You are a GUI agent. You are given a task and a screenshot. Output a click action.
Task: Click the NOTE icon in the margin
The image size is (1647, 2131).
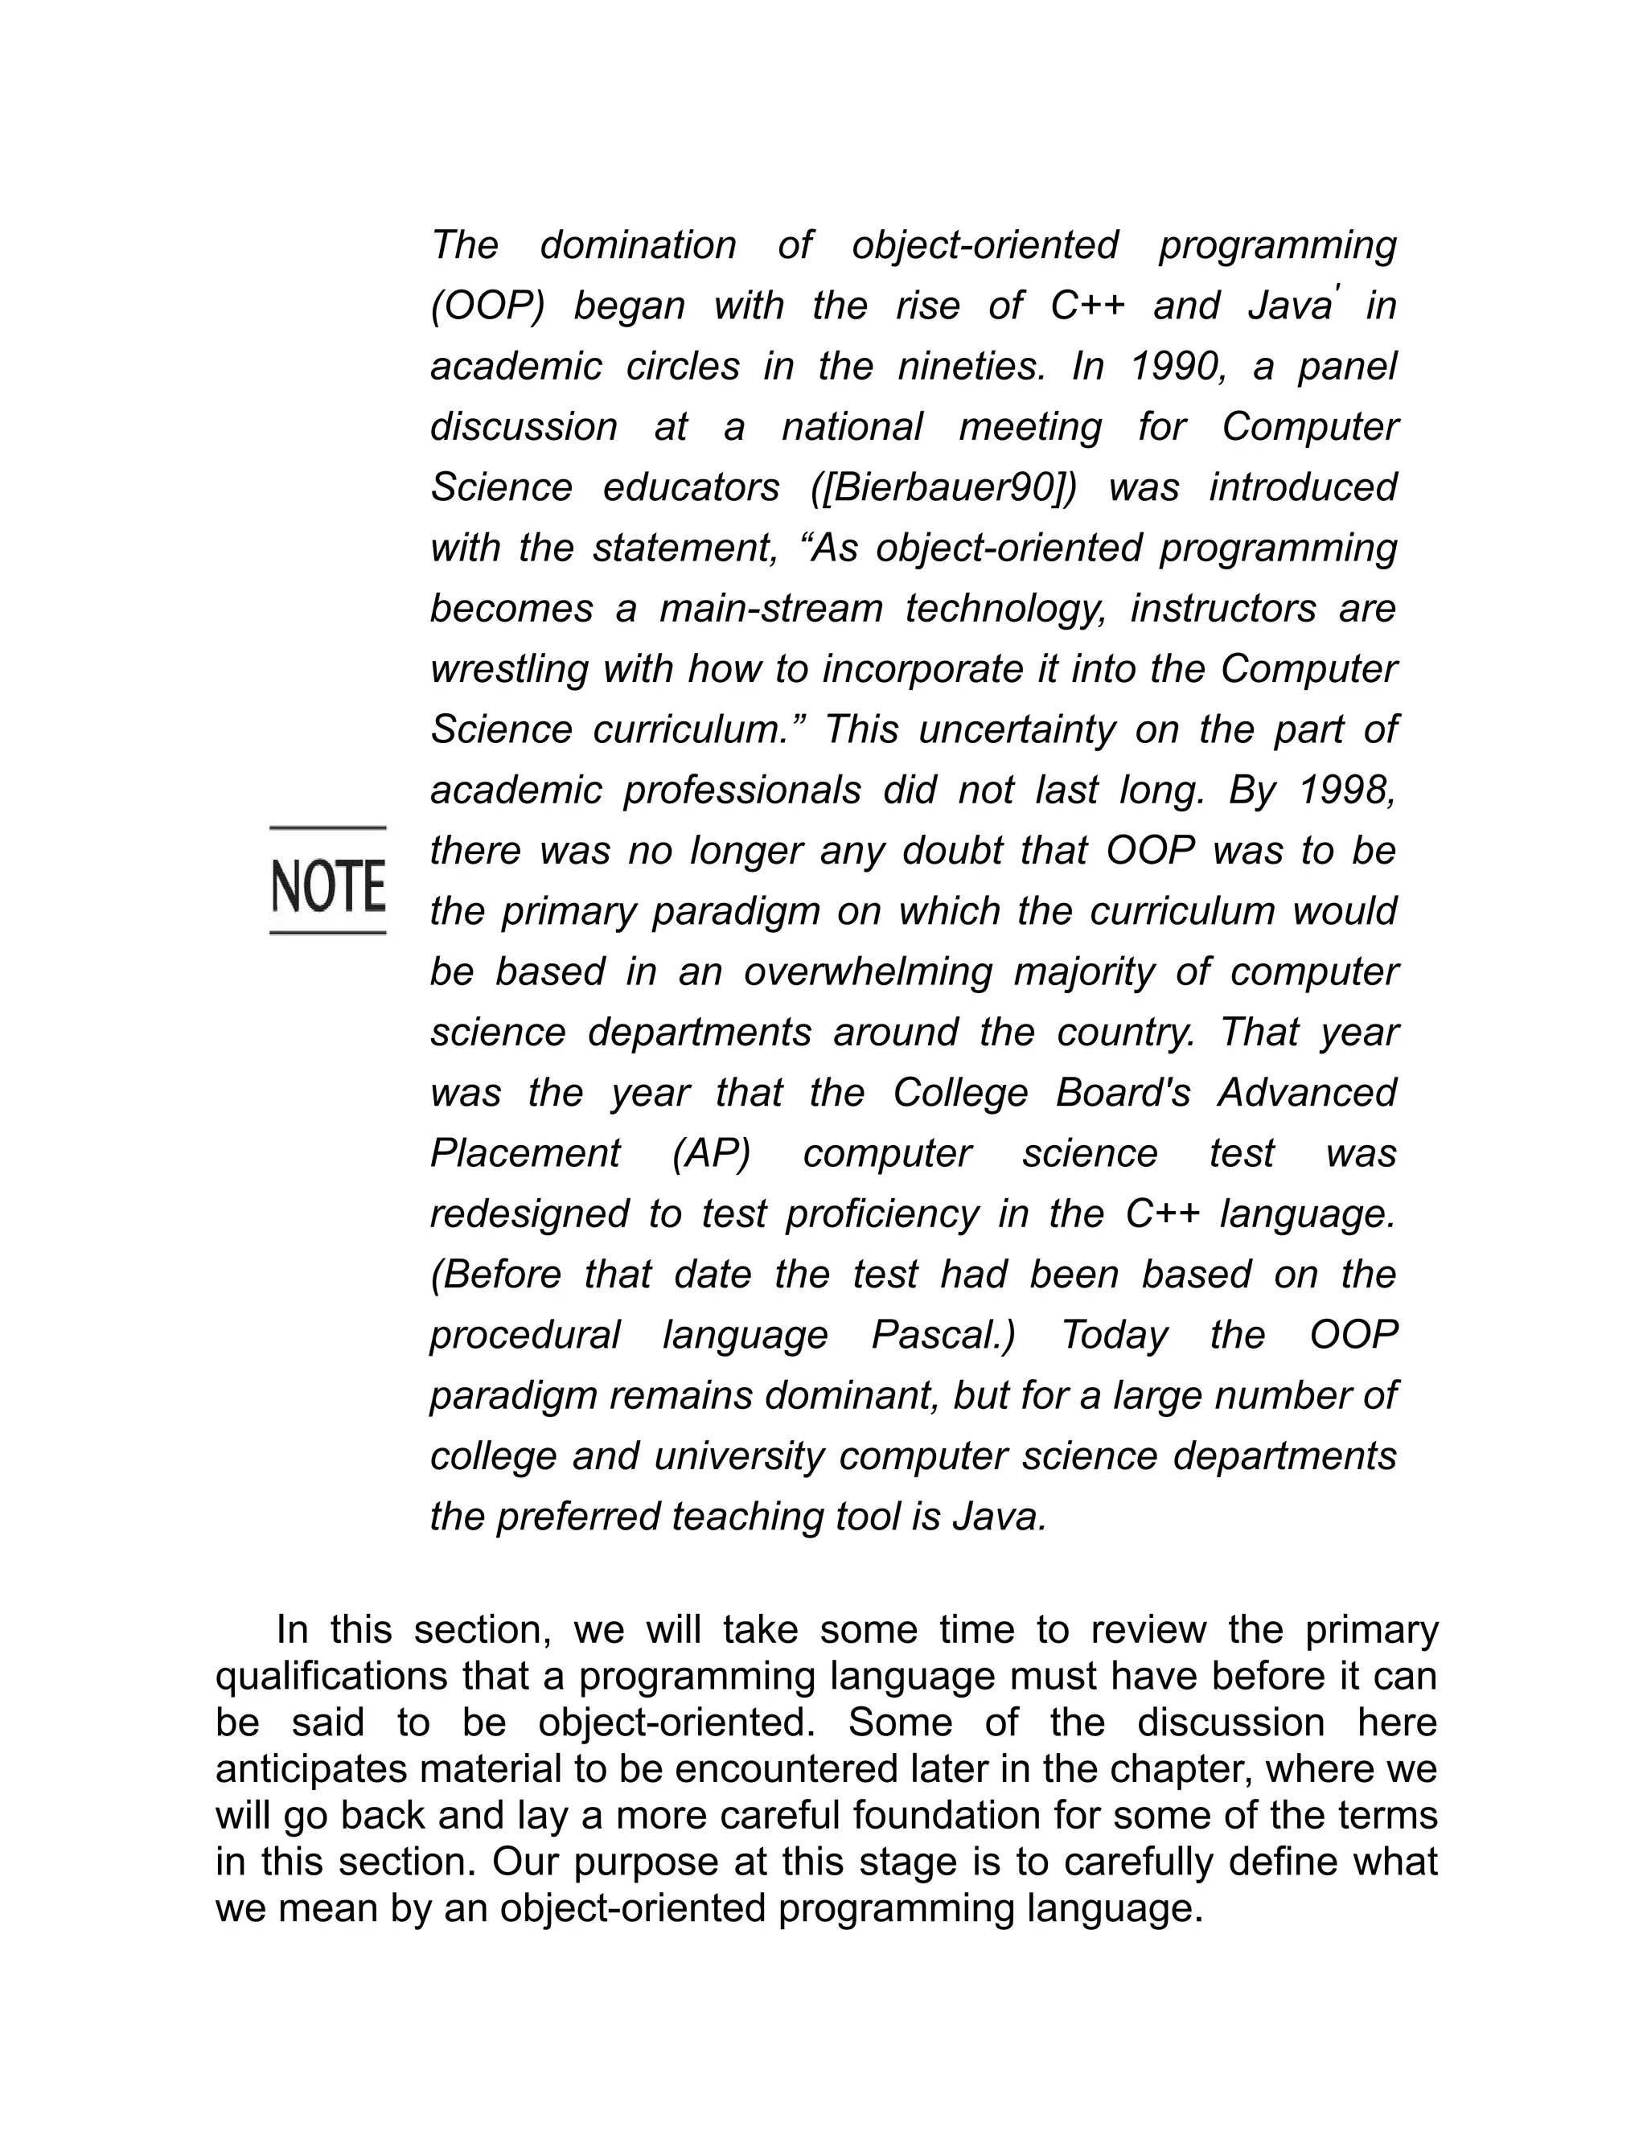click(x=328, y=882)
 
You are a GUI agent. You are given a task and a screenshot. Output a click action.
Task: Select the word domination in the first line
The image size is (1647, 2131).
click(x=637, y=245)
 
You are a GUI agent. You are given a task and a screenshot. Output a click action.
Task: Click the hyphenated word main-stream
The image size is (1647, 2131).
click(x=770, y=609)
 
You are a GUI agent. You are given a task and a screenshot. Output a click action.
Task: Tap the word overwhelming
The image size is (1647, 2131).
click(x=868, y=972)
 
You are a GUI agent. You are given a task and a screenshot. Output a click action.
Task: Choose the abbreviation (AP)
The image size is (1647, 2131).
click(x=711, y=1153)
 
